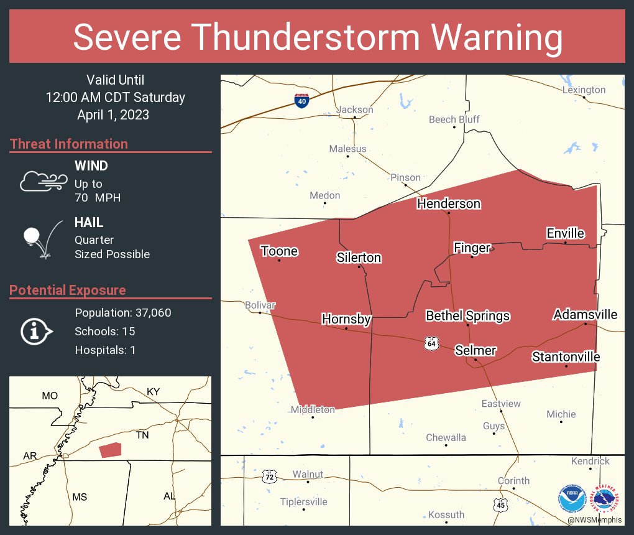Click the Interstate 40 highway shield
pos(301,100)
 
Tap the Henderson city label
pos(448,203)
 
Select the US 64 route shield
pos(432,343)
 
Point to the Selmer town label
pos(475,350)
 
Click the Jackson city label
pos(354,109)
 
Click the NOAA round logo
pos(571,497)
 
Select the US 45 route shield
pos(501,505)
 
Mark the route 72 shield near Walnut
pos(269,477)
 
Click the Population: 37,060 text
pos(122,312)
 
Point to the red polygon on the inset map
pos(110,450)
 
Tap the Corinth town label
pos(513,480)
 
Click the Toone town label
pos(279,251)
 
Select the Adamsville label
pos(585,315)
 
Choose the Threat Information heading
pos(69,144)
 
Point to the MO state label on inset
pos(49,396)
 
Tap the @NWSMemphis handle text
pos(595,519)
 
